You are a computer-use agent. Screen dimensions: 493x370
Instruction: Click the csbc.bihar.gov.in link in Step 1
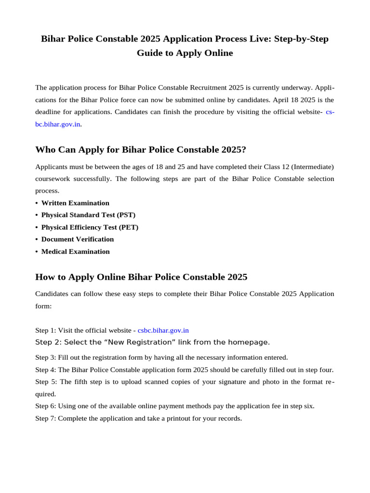163,330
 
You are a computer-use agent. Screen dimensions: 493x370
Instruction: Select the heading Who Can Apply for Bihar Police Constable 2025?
141,150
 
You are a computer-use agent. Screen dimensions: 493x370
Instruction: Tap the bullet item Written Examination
75,203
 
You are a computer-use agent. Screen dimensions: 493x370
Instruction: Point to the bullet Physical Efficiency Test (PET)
90,227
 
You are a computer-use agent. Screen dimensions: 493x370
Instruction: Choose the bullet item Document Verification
78,239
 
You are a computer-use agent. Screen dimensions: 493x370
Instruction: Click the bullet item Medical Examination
75,251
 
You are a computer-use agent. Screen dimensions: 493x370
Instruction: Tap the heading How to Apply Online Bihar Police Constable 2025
141,277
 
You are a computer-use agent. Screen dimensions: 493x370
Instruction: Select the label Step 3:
46,358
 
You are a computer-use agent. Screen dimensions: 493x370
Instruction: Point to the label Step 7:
46,418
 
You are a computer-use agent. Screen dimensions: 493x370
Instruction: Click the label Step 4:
46,370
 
